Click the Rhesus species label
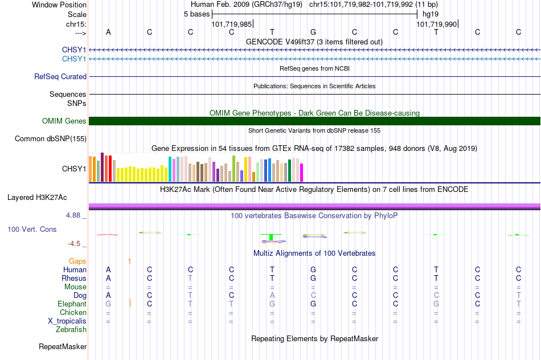point(74,278)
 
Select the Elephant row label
point(72,304)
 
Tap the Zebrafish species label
point(71,329)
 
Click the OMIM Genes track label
point(64,121)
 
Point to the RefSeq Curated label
point(60,77)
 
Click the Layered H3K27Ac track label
point(37,198)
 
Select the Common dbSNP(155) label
point(51,139)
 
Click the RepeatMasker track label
point(63,346)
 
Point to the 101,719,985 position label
point(232,24)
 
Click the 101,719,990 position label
point(436,24)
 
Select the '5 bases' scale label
point(196,14)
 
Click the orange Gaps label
point(77,261)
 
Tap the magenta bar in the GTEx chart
point(302,173)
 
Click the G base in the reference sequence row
point(313,32)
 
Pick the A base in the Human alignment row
point(108,269)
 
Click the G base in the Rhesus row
point(313,278)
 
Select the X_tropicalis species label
point(67,321)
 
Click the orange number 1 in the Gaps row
point(129,261)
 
